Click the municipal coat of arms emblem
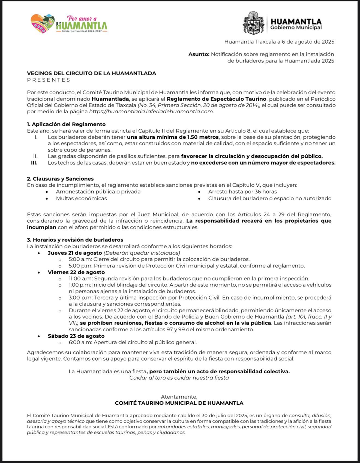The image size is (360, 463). pos(253,23)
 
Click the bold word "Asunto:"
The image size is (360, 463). pos(199,54)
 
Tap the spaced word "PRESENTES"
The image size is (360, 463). pos(49,80)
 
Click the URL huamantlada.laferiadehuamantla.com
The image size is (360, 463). pos(151,111)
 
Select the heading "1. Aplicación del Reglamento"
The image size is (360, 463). pos(66,124)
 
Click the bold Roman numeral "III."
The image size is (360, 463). pos(34,163)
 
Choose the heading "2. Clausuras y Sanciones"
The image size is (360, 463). pos(60,179)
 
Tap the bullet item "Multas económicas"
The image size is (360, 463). pos(81,198)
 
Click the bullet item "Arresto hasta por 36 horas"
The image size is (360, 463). pos(242,192)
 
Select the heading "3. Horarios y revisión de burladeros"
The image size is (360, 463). pos(75,240)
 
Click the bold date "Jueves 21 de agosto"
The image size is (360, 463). pos(75,253)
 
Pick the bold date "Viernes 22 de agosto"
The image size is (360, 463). pos(76,272)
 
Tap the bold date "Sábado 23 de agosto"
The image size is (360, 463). pos(76,336)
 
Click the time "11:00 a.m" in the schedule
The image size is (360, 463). pos(80,279)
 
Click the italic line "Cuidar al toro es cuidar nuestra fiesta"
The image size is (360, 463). pos(179,378)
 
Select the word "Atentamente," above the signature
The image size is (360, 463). pos(179,397)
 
